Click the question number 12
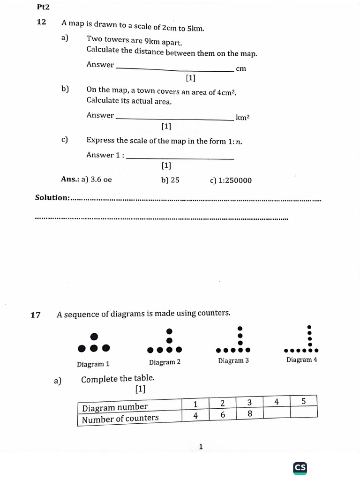click(x=41, y=22)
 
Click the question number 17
click(x=36, y=315)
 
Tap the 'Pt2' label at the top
click(x=43, y=7)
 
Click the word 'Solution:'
click(x=52, y=197)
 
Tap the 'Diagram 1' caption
click(x=93, y=364)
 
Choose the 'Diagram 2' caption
click(x=165, y=362)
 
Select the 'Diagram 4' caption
click(x=302, y=360)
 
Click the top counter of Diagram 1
click(x=94, y=336)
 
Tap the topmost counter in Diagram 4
click(x=309, y=327)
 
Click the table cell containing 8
click(x=249, y=414)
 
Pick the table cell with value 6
click(x=222, y=415)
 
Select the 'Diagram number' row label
click(x=115, y=406)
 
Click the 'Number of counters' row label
click(x=120, y=418)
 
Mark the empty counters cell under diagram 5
click(x=303, y=412)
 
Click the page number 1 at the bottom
click(x=201, y=447)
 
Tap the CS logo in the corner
click(x=300, y=468)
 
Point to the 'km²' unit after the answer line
click(x=242, y=118)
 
